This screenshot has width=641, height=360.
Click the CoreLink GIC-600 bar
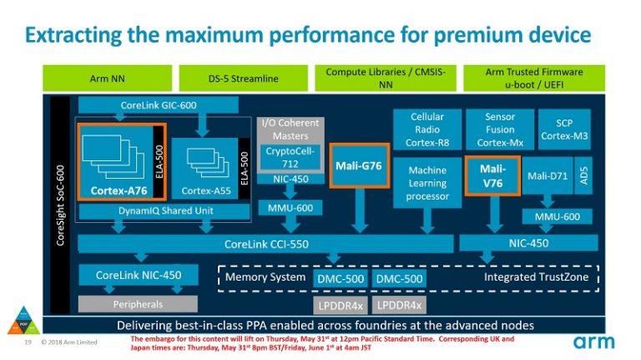(137, 106)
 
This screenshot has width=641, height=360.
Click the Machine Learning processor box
(427, 184)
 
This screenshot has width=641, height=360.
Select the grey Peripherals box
(138, 304)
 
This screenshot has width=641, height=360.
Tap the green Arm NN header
(107, 78)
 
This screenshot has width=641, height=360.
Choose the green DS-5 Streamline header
(243, 78)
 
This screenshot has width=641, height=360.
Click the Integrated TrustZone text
(536, 276)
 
